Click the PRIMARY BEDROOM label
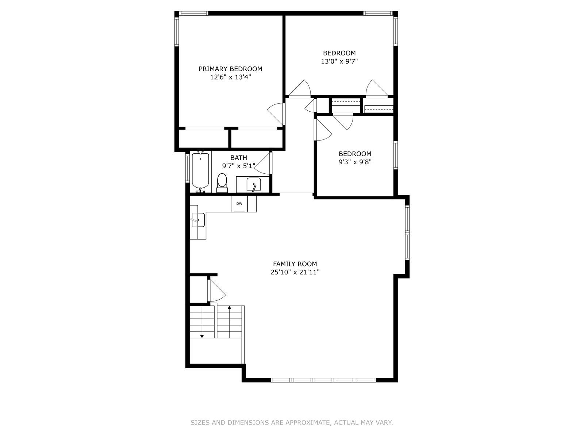[x=230, y=69]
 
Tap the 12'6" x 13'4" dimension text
[x=231, y=77]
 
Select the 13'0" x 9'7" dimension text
[x=339, y=61]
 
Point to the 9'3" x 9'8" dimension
[x=355, y=162]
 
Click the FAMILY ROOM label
[x=295, y=264]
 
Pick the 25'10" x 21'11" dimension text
[x=295, y=272]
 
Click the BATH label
[x=239, y=158]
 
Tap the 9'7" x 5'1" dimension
[x=239, y=166]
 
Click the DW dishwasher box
[x=239, y=204]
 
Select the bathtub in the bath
[x=200, y=171]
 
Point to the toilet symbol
[x=222, y=183]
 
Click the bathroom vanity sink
[x=254, y=184]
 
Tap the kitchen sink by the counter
[x=198, y=220]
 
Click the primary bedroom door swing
[x=276, y=114]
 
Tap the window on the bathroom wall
[x=187, y=168]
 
